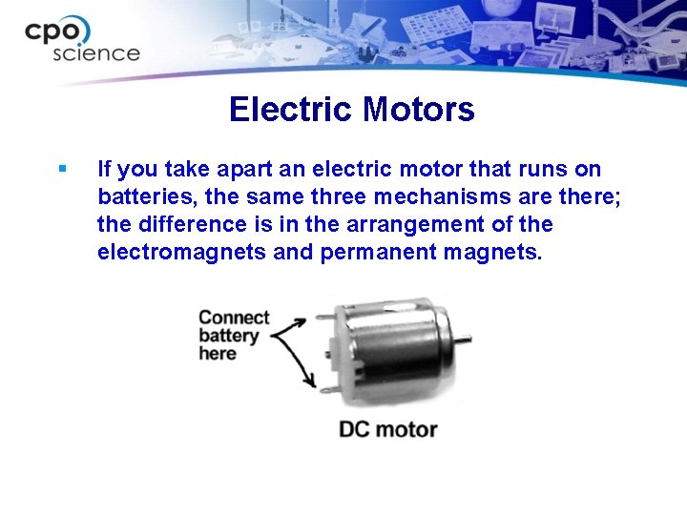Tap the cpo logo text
pyautogui.click(x=59, y=31)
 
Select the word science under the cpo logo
pyautogui.click(x=95, y=54)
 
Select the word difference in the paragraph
pyautogui.click(x=177, y=225)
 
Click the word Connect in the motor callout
pyautogui.click(x=234, y=318)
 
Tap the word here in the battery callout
pyautogui.click(x=218, y=354)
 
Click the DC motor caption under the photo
pyautogui.click(x=388, y=428)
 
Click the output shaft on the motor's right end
pyautogui.click(x=468, y=340)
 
